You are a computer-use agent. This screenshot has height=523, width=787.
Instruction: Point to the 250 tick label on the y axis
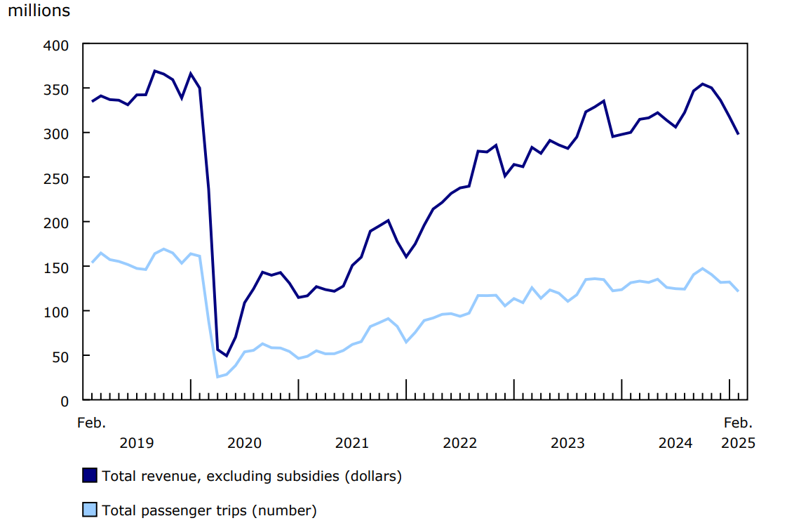[x=58, y=178]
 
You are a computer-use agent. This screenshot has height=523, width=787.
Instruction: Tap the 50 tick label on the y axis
[x=62, y=356]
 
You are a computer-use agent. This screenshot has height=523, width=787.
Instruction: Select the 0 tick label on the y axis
[x=65, y=401]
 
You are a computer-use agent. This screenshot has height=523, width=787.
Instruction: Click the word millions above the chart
[x=39, y=11]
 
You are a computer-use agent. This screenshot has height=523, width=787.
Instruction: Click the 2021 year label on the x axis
[x=352, y=443]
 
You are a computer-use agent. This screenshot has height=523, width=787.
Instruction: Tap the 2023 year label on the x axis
[x=567, y=443]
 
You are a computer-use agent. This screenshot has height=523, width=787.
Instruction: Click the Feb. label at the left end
[x=91, y=423]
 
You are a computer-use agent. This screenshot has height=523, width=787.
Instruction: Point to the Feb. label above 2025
[x=738, y=423]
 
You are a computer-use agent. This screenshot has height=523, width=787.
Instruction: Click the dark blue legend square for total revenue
[x=90, y=475]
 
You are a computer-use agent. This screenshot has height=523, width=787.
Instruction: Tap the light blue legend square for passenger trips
[x=90, y=510]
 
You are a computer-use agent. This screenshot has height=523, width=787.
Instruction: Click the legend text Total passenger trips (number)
[x=209, y=510]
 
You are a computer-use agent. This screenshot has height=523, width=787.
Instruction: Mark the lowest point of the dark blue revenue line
[x=227, y=355]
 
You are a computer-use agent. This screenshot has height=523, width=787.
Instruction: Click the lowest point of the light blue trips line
[x=217, y=377]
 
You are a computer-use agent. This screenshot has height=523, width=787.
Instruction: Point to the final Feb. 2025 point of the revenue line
[x=738, y=134]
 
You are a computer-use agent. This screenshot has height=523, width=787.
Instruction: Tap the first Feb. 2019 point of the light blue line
[x=92, y=263]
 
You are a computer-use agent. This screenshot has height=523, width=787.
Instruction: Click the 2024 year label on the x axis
[x=675, y=443]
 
